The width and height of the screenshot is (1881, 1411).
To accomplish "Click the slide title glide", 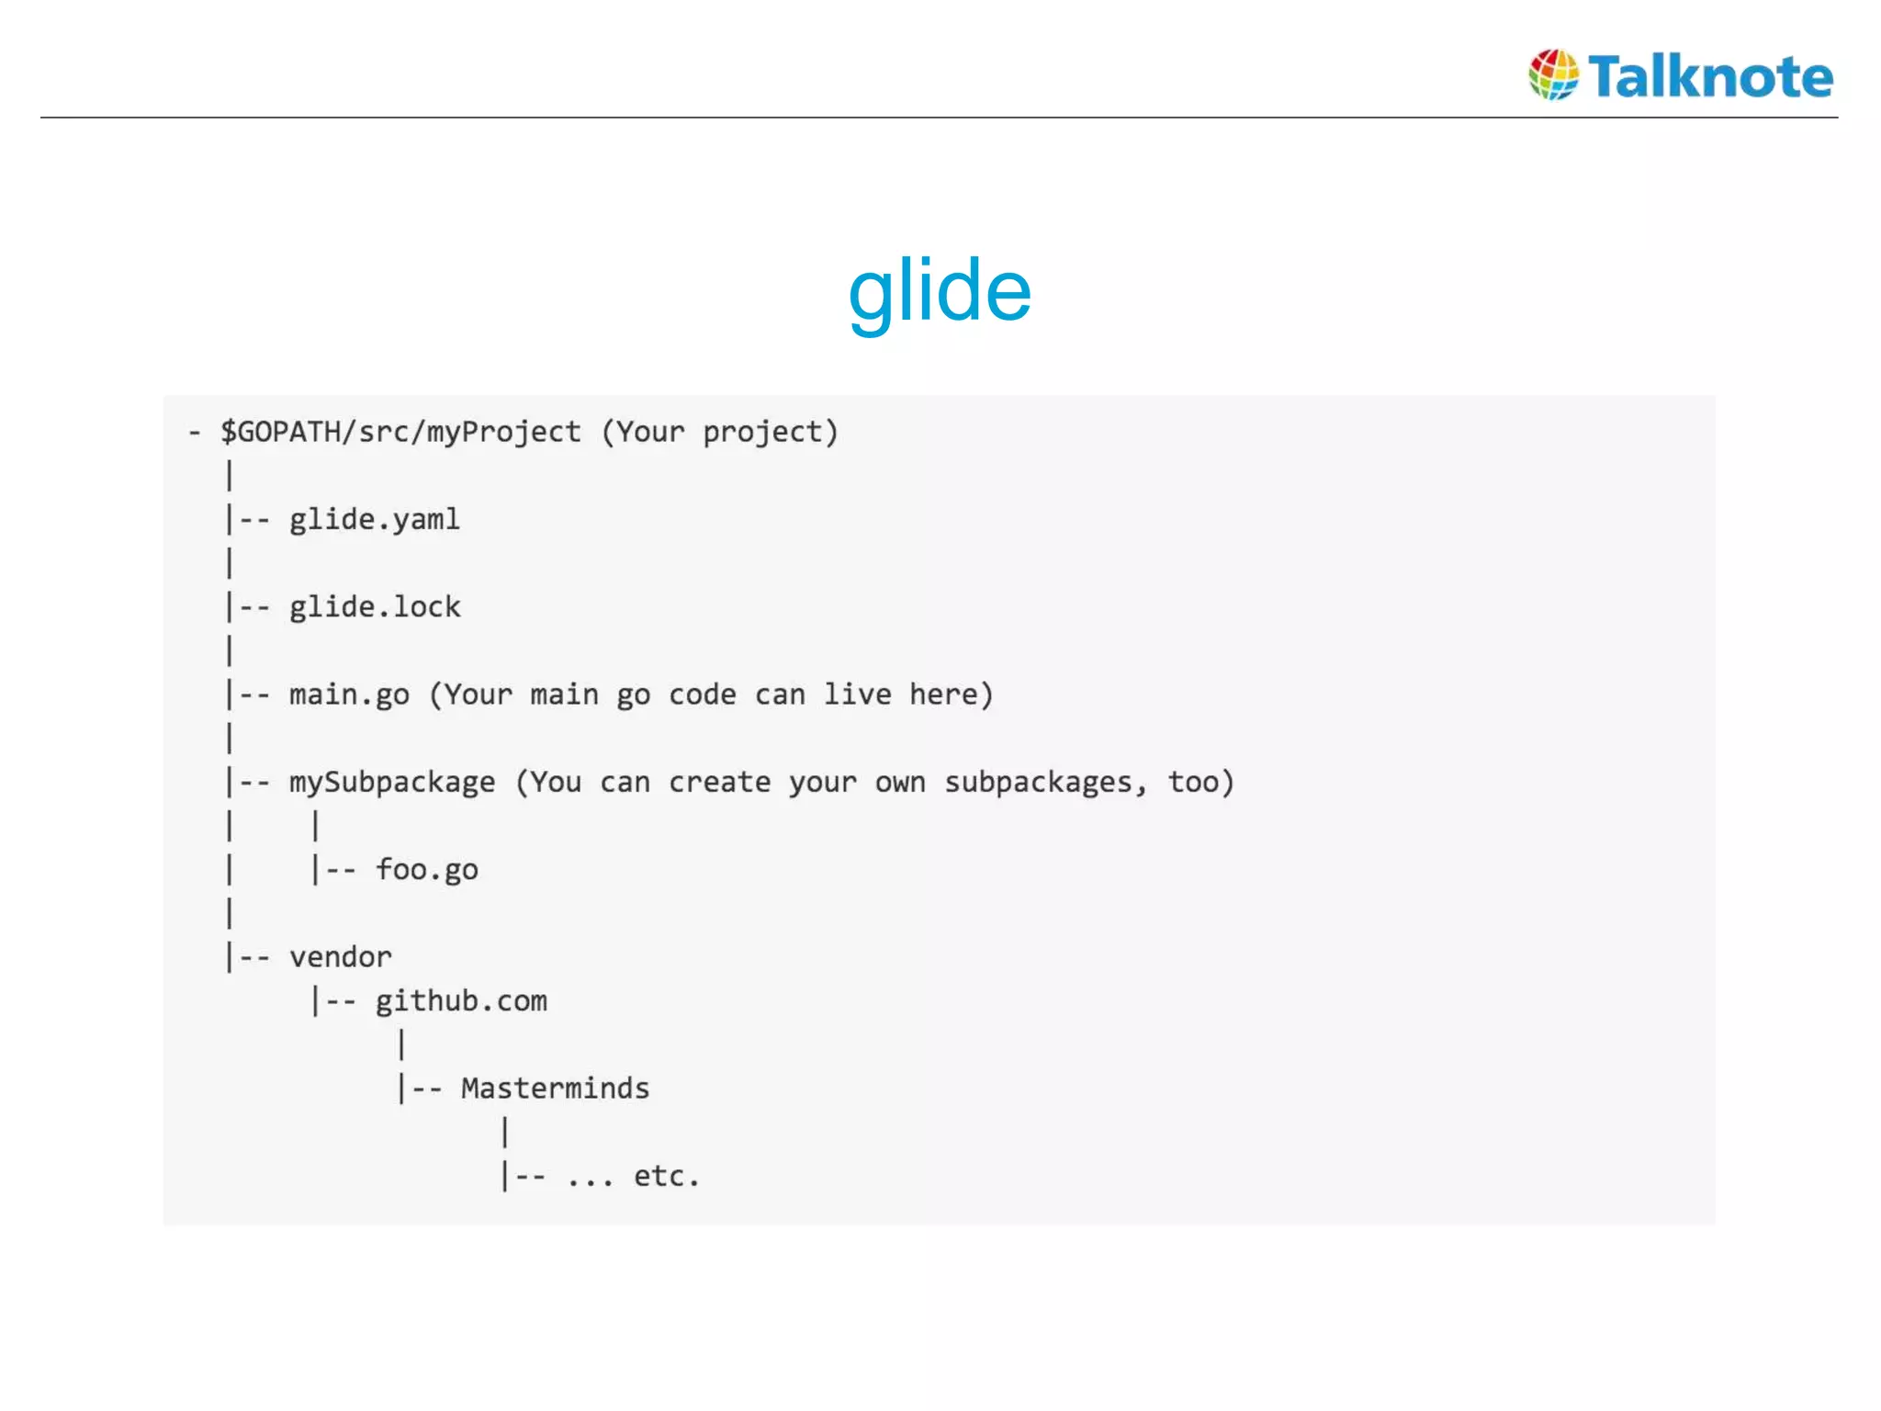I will click(x=940, y=291).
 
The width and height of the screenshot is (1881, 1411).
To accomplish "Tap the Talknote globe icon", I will click(x=1553, y=74).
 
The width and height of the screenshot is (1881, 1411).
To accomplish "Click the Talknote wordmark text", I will click(x=1710, y=76).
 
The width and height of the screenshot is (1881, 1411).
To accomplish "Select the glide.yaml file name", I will click(x=375, y=520).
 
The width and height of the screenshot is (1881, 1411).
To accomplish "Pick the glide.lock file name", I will click(x=375, y=607).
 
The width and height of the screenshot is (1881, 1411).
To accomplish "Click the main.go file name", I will click(x=349, y=694).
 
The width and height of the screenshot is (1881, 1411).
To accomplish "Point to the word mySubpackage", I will click(x=392, y=783).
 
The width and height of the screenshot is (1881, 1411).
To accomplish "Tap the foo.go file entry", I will click(x=427, y=870).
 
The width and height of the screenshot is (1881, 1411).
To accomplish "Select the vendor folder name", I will click(x=341, y=957).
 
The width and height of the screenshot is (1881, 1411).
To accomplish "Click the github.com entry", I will click(x=461, y=1001).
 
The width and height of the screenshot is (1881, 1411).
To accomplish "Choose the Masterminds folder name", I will click(x=555, y=1089).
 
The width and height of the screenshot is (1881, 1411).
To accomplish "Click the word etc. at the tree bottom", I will click(x=667, y=1176).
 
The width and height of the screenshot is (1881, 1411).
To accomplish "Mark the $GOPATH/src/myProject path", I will click(x=400, y=432).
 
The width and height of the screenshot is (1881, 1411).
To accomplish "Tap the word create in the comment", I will click(x=719, y=783).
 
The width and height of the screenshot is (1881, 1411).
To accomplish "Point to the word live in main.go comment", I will click(x=857, y=694).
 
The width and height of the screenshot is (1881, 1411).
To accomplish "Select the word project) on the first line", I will click(x=771, y=432).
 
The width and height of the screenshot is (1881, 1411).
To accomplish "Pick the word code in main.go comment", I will click(x=703, y=694).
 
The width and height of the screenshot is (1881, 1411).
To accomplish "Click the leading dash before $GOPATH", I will click(x=194, y=432).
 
